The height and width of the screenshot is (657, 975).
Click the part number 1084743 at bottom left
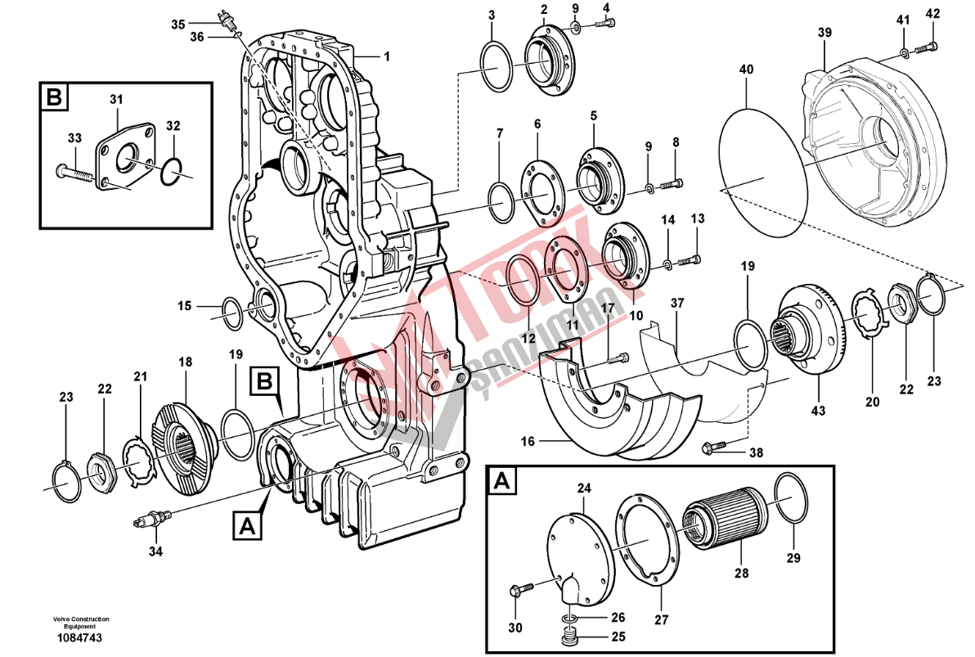[x=79, y=638]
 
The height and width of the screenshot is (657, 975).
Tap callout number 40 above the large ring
[x=746, y=70]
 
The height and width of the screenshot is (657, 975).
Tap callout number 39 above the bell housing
[x=824, y=32]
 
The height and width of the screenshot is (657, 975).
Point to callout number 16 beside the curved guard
[x=528, y=441]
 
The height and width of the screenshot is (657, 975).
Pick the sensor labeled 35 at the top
[x=225, y=19]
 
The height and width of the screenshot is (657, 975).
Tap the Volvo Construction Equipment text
[x=82, y=623]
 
